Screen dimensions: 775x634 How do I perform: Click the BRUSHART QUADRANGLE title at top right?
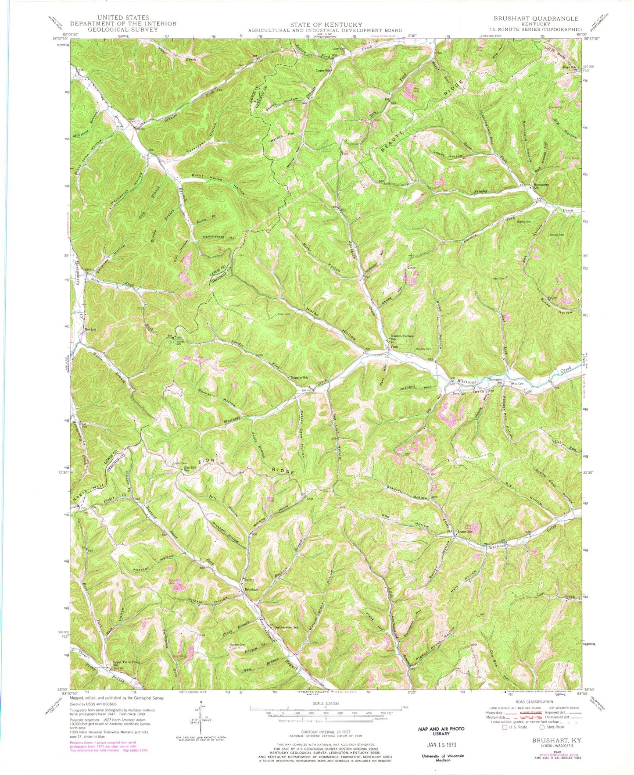(x=536, y=18)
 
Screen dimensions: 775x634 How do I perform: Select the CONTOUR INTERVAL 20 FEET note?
(x=325, y=732)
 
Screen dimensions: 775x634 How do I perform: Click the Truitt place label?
(x=552, y=298)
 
